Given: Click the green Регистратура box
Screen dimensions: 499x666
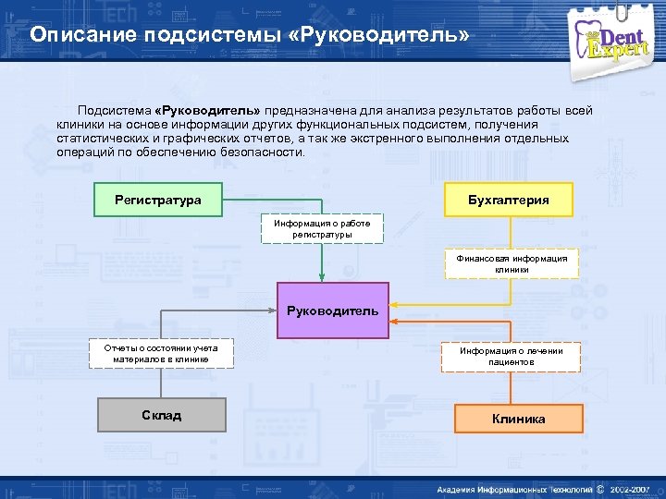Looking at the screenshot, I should [158, 201].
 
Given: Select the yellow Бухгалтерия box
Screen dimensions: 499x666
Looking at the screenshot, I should [508, 201].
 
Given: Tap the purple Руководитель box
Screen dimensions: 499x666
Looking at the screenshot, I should [332, 310].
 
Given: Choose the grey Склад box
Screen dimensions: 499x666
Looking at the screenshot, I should [161, 415].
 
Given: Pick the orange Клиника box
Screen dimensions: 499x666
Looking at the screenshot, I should [518, 419].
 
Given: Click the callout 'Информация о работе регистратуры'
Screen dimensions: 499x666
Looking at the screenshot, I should [322, 229].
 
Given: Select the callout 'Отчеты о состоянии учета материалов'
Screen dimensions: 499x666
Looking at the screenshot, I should [161, 354].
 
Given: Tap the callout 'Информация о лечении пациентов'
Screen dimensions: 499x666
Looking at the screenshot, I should [511, 357].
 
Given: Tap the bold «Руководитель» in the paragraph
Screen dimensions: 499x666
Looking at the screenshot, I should [208, 111].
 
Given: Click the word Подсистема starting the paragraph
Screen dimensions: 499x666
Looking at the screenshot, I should [115, 111].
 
